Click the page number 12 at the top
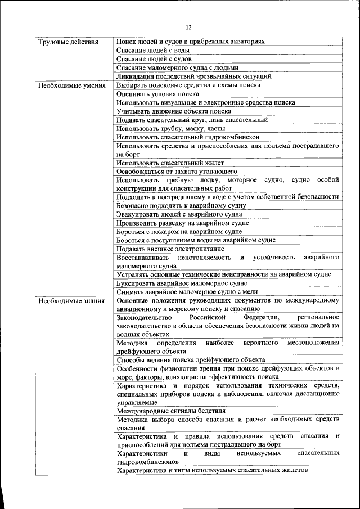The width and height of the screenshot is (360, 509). [188, 27]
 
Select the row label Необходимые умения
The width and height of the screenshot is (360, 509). [70, 85]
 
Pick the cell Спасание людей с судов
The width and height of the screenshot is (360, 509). [154, 58]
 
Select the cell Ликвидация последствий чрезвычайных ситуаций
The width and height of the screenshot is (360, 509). [194, 76]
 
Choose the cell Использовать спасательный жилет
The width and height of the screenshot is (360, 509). [169, 163]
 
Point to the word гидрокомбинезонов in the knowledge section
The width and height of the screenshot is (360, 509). [148, 461]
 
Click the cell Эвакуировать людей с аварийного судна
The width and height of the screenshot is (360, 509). [181, 214]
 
